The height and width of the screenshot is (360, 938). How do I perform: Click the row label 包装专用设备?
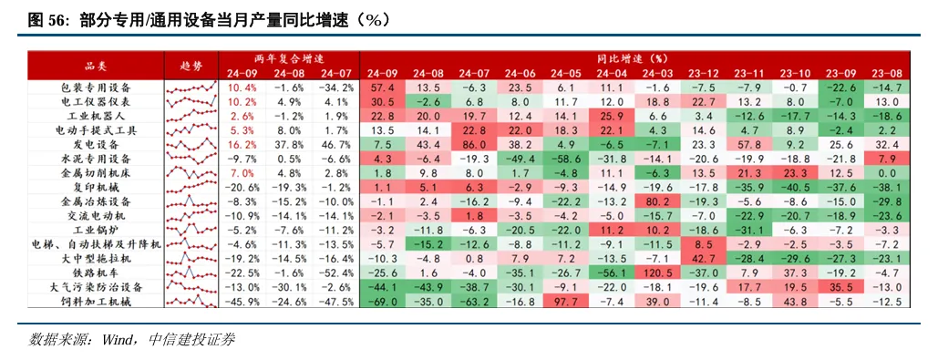click(96, 87)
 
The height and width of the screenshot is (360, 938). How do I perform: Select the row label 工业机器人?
click(96, 116)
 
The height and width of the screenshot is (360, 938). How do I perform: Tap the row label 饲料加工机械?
click(96, 301)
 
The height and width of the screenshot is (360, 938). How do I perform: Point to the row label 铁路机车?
click(96, 272)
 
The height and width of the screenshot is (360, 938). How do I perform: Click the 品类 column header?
click(96, 66)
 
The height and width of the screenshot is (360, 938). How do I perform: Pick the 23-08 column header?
click(886, 73)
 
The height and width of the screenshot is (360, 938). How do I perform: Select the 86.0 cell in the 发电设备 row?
click(474, 144)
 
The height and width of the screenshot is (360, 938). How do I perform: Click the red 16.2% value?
click(242, 144)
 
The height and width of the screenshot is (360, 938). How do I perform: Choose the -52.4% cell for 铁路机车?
click(335, 272)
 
